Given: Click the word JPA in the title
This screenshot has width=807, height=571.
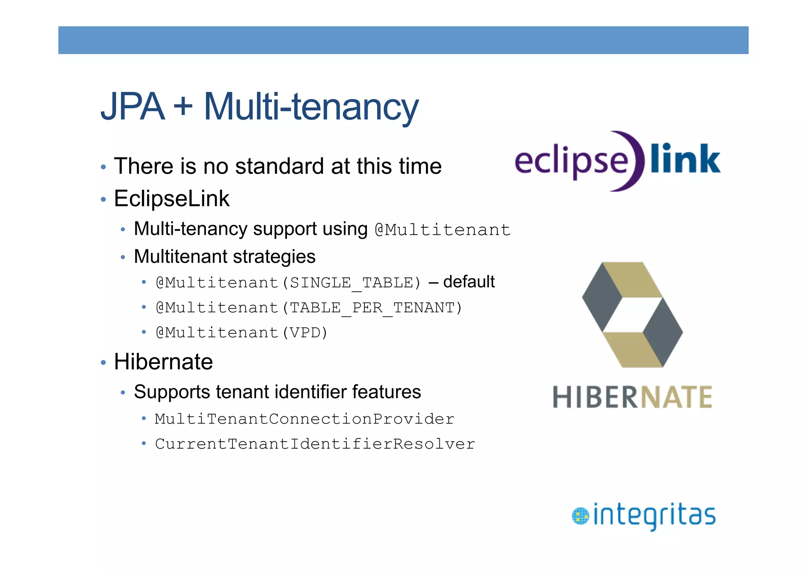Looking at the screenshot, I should [x=132, y=107].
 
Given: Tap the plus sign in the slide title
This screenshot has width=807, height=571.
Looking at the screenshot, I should [x=183, y=107].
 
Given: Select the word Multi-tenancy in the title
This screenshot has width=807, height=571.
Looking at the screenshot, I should [x=311, y=107].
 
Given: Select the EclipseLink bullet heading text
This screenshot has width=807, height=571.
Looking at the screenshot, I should [x=171, y=198].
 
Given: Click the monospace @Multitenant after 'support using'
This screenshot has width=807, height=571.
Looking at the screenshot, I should [x=443, y=230].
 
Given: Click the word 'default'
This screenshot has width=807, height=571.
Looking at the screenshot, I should [x=469, y=282].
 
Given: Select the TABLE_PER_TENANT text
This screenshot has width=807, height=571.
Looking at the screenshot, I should [x=372, y=308].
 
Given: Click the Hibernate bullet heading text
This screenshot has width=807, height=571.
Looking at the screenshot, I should [x=163, y=361].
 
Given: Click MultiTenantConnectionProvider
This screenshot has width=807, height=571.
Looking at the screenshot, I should [x=305, y=419].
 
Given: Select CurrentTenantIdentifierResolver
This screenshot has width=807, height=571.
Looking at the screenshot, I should [x=315, y=444].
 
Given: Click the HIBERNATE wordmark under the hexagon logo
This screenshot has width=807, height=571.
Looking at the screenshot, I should [x=632, y=397].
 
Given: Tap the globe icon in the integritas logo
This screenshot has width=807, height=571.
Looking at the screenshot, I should [x=580, y=516].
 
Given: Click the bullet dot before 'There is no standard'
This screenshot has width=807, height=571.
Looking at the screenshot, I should [x=103, y=167].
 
